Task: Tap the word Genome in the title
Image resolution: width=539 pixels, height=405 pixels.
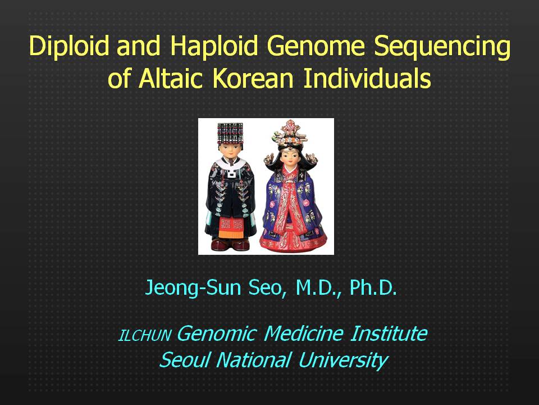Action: [316, 46]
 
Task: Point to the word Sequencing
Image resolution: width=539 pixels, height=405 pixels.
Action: [442, 47]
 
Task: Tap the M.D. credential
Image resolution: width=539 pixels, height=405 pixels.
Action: [318, 288]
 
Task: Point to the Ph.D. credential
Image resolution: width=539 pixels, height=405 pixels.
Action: [373, 287]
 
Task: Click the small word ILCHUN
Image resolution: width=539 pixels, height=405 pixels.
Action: [144, 335]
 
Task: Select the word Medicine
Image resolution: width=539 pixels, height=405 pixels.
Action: [304, 334]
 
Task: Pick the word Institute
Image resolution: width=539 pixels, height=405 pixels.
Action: [389, 334]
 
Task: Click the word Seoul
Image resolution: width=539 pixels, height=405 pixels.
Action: [184, 359]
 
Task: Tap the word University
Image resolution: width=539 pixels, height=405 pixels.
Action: [343, 361]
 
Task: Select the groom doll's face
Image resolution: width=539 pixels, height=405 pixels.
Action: [230, 150]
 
